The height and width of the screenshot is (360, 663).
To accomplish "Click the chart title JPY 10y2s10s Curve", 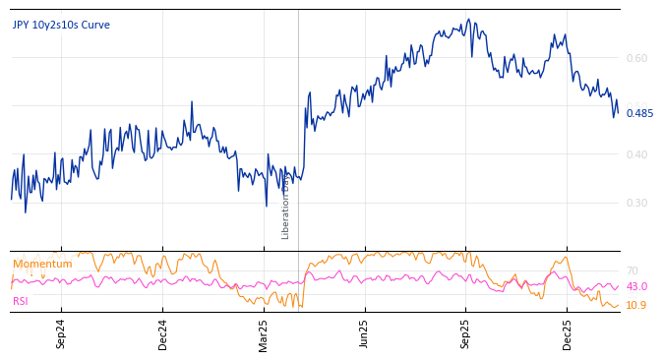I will point(61,25).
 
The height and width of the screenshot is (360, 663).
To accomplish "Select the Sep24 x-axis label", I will point(61,334).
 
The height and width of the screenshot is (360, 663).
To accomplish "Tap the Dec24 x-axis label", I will point(163,334).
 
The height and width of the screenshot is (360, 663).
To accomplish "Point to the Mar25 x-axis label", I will point(264,334).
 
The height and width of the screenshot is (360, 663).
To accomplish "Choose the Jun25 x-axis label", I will point(365,334).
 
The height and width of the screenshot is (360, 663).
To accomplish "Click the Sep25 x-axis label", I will point(466,334).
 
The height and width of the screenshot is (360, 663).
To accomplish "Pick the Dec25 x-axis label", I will point(568,334).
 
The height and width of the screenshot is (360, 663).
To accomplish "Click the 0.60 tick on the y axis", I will point(637,58).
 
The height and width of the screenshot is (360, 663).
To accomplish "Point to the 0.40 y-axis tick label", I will point(637,154).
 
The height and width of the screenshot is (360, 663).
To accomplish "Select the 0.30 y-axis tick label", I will point(637,203).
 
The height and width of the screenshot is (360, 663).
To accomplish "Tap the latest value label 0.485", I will point(639,113).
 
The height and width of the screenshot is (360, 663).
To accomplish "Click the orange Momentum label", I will point(42,264).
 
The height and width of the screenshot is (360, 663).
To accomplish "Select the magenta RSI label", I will point(22,301).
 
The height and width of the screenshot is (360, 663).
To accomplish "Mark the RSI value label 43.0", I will point(636,286).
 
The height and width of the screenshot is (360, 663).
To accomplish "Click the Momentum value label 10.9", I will point(636,305).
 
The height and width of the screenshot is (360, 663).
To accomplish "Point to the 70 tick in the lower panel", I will point(632,270).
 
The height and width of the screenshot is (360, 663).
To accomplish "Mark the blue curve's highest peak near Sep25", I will point(468,20).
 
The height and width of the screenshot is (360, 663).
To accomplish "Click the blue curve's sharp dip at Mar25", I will point(266,206).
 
